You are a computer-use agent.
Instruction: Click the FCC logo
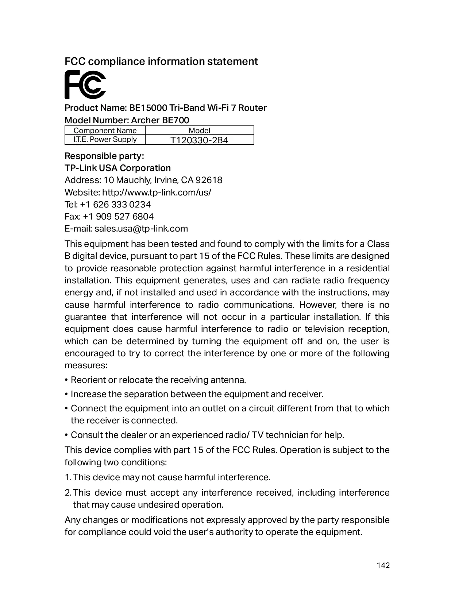point(85,85)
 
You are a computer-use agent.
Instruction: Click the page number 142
point(383,565)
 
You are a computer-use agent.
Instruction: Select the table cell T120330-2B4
point(199,140)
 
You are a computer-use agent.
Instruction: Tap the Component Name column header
point(105,131)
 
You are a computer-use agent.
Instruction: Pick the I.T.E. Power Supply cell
point(105,140)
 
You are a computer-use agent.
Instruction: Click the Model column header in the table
point(199,131)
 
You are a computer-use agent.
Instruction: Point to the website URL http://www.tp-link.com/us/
point(157,192)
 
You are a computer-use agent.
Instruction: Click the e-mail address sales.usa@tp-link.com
point(141,229)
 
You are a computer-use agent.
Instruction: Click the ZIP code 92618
point(209,180)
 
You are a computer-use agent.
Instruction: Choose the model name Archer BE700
point(160,120)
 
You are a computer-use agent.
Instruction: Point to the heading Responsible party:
point(104,156)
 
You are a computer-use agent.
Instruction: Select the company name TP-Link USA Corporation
point(117,168)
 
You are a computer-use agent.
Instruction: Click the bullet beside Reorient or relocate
point(66,380)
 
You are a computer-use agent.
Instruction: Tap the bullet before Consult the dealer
point(66,435)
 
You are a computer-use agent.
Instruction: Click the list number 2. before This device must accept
point(68,493)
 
